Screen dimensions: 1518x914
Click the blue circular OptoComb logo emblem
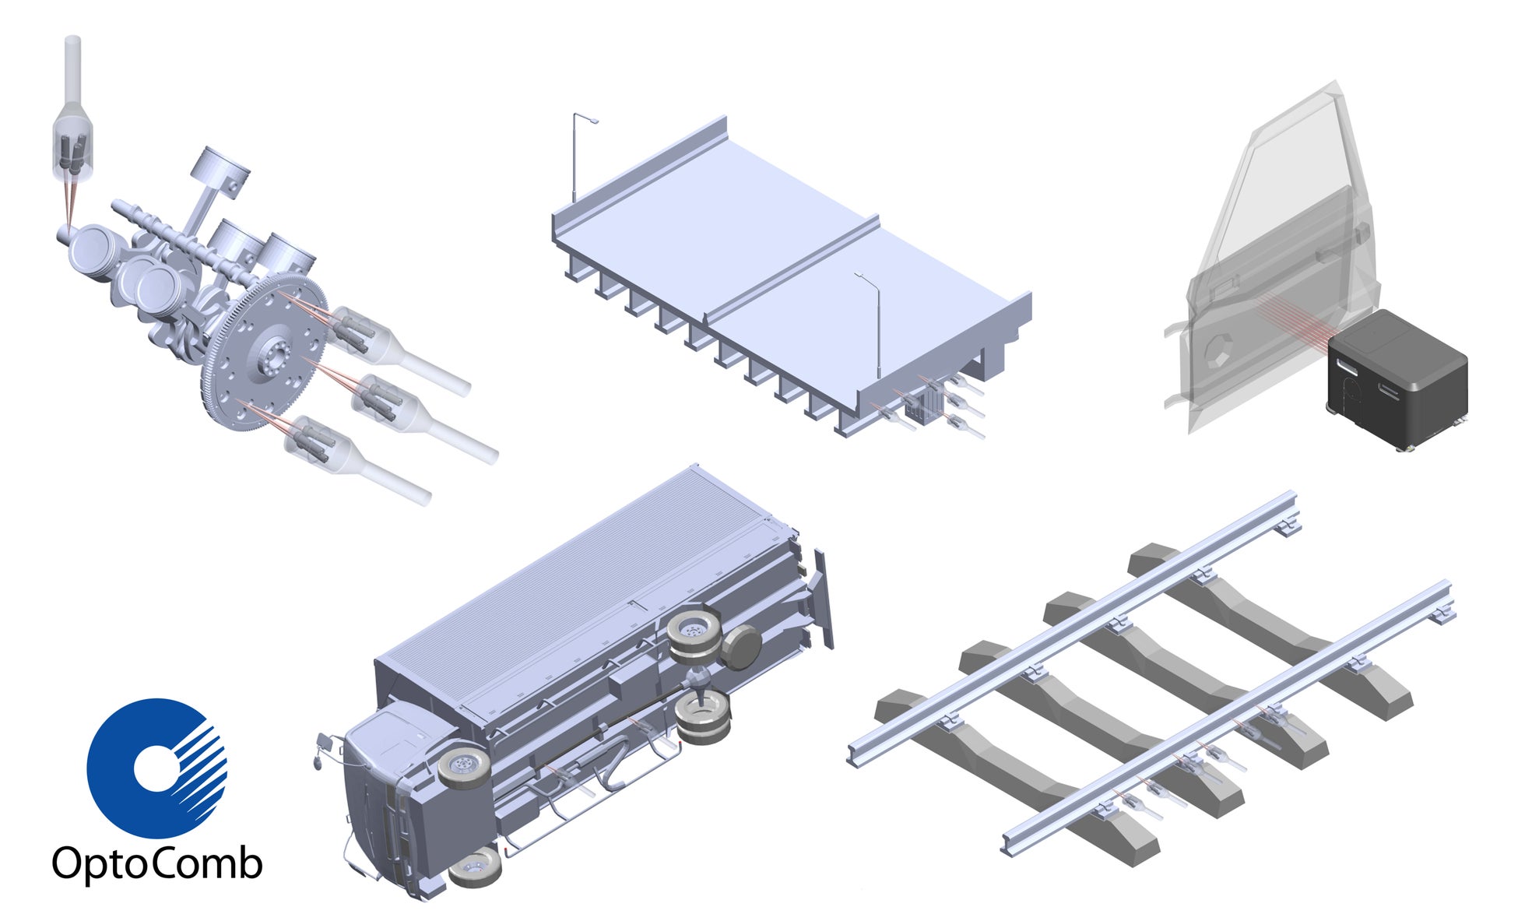tap(156, 768)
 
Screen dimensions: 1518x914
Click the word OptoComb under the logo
tap(157, 864)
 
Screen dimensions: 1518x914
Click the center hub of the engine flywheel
tap(272, 359)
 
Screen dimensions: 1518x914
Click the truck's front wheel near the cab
tap(464, 766)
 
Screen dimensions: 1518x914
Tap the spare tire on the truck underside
tap(740, 646)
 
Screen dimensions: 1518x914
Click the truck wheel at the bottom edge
tap(475, 866)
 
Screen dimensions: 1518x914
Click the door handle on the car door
tap(1362, 231)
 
